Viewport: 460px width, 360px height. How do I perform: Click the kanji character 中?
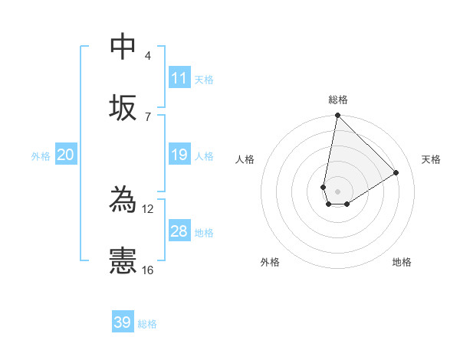point(123,47)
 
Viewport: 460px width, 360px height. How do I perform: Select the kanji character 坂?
point(123,107)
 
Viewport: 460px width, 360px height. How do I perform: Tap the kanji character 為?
point(123,200)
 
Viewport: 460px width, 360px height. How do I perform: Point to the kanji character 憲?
point(123,261)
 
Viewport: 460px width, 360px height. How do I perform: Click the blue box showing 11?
point(179,78)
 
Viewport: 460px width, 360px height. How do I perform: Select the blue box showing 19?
point(179,155)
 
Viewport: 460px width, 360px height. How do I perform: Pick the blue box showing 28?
point(179,231)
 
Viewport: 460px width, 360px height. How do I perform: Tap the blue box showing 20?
point(65,155)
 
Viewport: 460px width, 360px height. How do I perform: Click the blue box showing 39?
point(123,322)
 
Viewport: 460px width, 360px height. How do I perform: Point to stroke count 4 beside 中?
point(147,56)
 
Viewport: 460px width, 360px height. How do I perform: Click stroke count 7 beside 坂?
point(147,116)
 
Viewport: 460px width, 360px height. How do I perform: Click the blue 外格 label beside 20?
point(41,156)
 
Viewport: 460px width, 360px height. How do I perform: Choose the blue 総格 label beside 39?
point(147,324)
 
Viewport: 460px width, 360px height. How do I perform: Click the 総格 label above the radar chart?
point(337,100)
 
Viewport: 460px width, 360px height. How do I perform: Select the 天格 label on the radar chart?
point(431,159)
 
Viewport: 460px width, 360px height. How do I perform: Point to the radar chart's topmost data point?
point(337,116)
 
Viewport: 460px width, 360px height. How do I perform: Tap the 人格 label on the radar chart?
point(245,159)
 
